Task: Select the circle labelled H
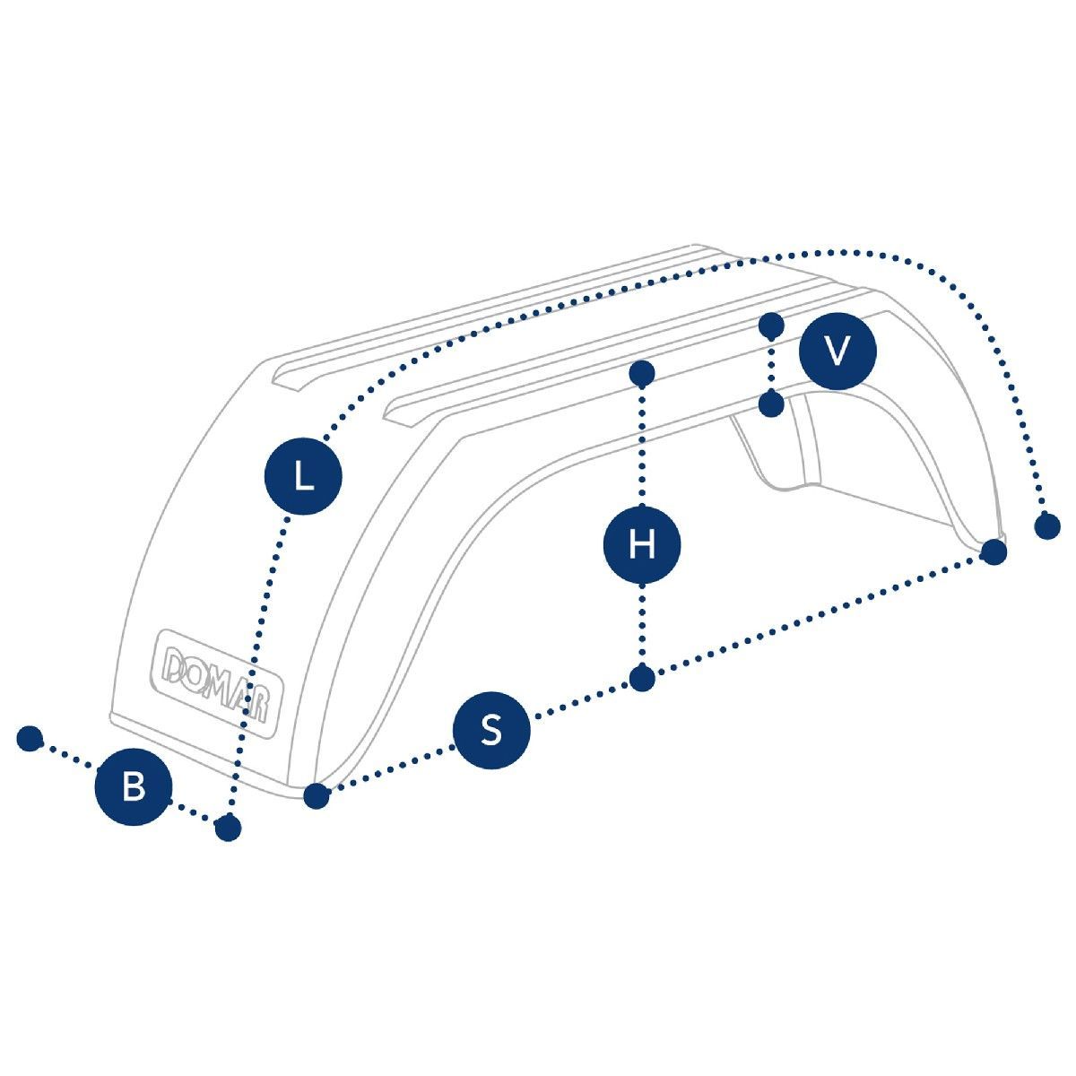tap(641, 544)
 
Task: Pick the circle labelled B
tap(134, 788)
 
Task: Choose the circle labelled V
tap(837, 351)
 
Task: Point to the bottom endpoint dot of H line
tap(641, 679)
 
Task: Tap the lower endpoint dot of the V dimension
tap(771, 405)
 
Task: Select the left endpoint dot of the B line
tap(30, 739)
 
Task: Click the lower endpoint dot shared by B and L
tap(229, 828)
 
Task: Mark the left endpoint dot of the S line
tap(315, 795)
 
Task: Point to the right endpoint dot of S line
tap(993, 551)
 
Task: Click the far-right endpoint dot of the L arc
tap(1046, 526)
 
